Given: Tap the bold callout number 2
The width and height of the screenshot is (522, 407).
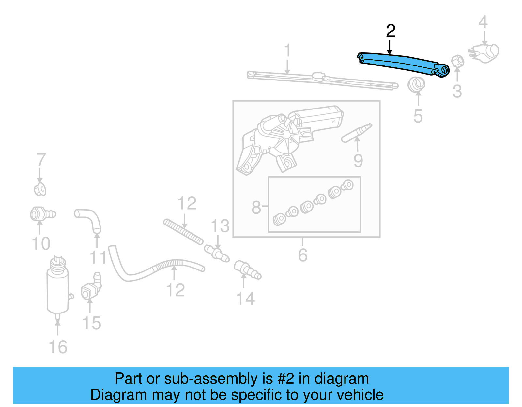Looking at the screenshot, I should coord(391,31).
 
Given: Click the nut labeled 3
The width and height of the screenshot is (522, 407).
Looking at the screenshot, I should coord(457,61).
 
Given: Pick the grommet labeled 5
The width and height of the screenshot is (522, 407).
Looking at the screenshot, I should coord(416,84).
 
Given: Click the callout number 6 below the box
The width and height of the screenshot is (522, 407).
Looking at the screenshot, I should coord(303,255).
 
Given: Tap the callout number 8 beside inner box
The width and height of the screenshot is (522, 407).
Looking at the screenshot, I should coord(256,207).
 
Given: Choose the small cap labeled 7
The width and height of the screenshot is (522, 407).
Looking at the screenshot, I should coord(40,189).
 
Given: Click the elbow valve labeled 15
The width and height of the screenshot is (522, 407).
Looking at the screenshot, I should coord(91,287).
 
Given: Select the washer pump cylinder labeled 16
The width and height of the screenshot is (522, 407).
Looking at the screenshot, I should coord(58,287).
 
